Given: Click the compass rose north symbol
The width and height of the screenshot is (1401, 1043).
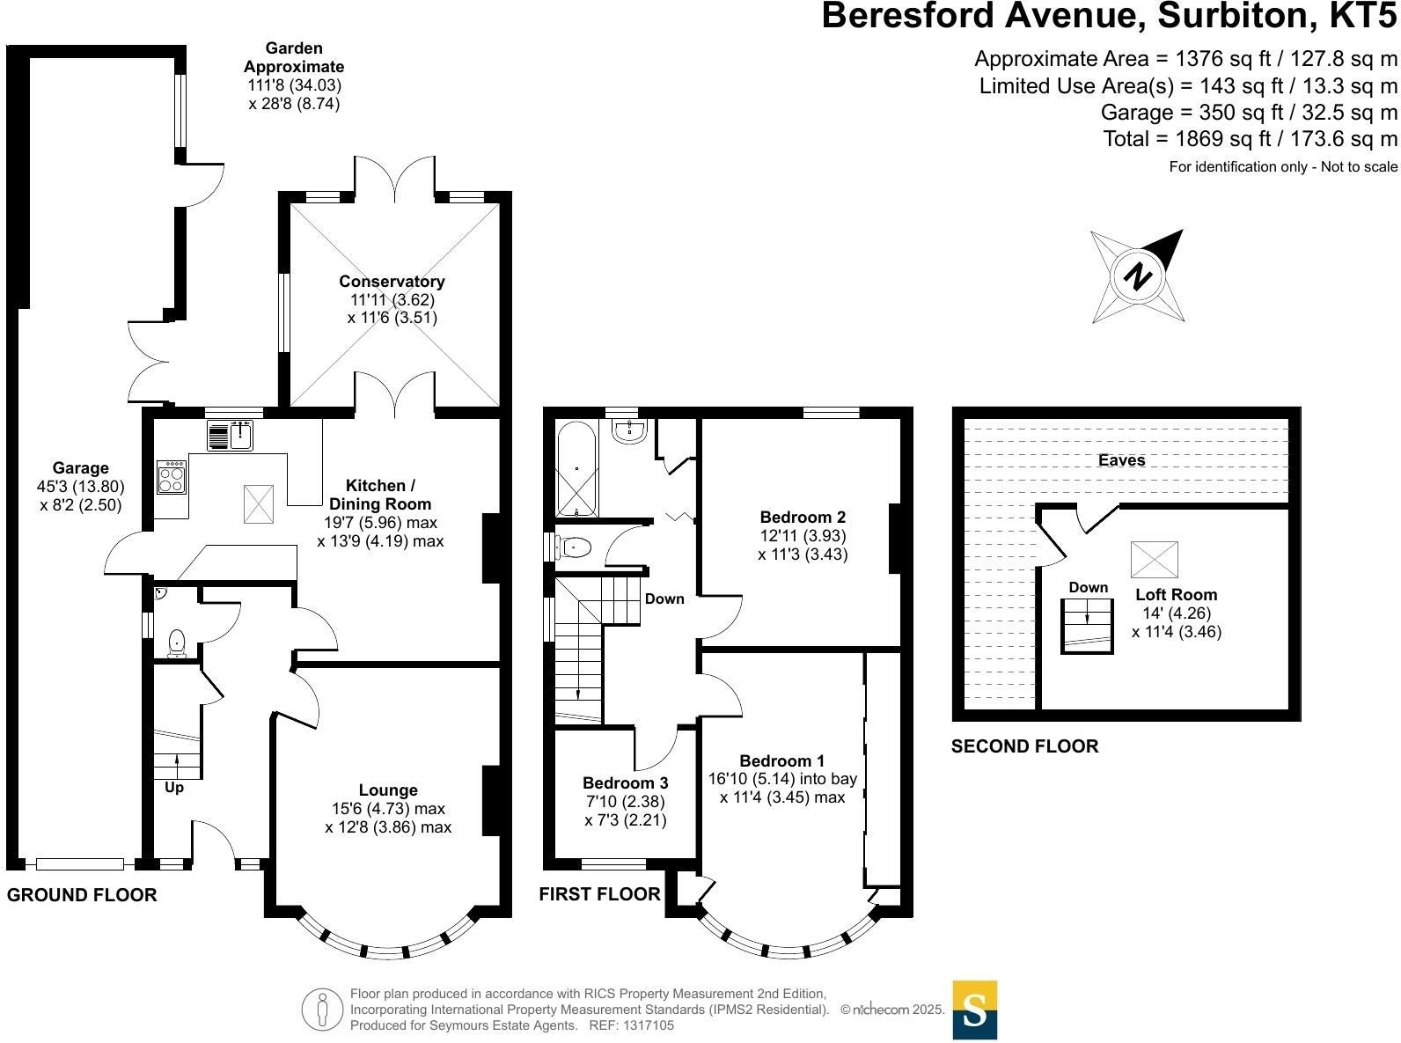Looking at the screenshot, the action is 1137,276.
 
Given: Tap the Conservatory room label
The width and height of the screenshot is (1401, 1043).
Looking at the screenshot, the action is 392,281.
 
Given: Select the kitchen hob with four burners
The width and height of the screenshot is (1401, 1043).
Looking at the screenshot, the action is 172,476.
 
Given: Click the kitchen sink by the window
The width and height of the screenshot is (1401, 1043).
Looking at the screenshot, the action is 230,436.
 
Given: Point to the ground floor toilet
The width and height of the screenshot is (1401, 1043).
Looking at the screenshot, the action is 178,643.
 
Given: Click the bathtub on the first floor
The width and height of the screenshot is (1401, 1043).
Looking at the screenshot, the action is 576,469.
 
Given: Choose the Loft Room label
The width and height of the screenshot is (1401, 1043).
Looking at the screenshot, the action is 1176,594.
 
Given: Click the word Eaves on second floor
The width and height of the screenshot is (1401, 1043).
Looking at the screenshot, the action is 1121,460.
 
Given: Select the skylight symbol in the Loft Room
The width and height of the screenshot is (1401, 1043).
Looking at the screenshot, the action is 1154,559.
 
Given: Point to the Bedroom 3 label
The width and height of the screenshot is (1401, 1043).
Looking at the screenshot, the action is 625,782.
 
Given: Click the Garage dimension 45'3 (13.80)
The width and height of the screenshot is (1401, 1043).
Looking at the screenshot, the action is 81,487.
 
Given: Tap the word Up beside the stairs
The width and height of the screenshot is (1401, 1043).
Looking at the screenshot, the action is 174,787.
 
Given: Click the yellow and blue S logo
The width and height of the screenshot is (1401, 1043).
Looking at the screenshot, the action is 975,1010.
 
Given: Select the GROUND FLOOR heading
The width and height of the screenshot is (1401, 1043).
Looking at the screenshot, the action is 82,894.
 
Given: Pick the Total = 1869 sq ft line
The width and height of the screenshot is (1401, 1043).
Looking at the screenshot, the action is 1250,138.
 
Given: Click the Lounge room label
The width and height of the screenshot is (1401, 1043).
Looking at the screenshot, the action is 388,790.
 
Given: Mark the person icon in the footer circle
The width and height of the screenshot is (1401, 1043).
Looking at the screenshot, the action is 322,1009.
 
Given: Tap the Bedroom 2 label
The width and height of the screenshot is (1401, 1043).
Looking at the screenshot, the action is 803,517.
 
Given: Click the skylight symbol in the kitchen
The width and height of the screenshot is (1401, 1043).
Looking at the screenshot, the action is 259,503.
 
